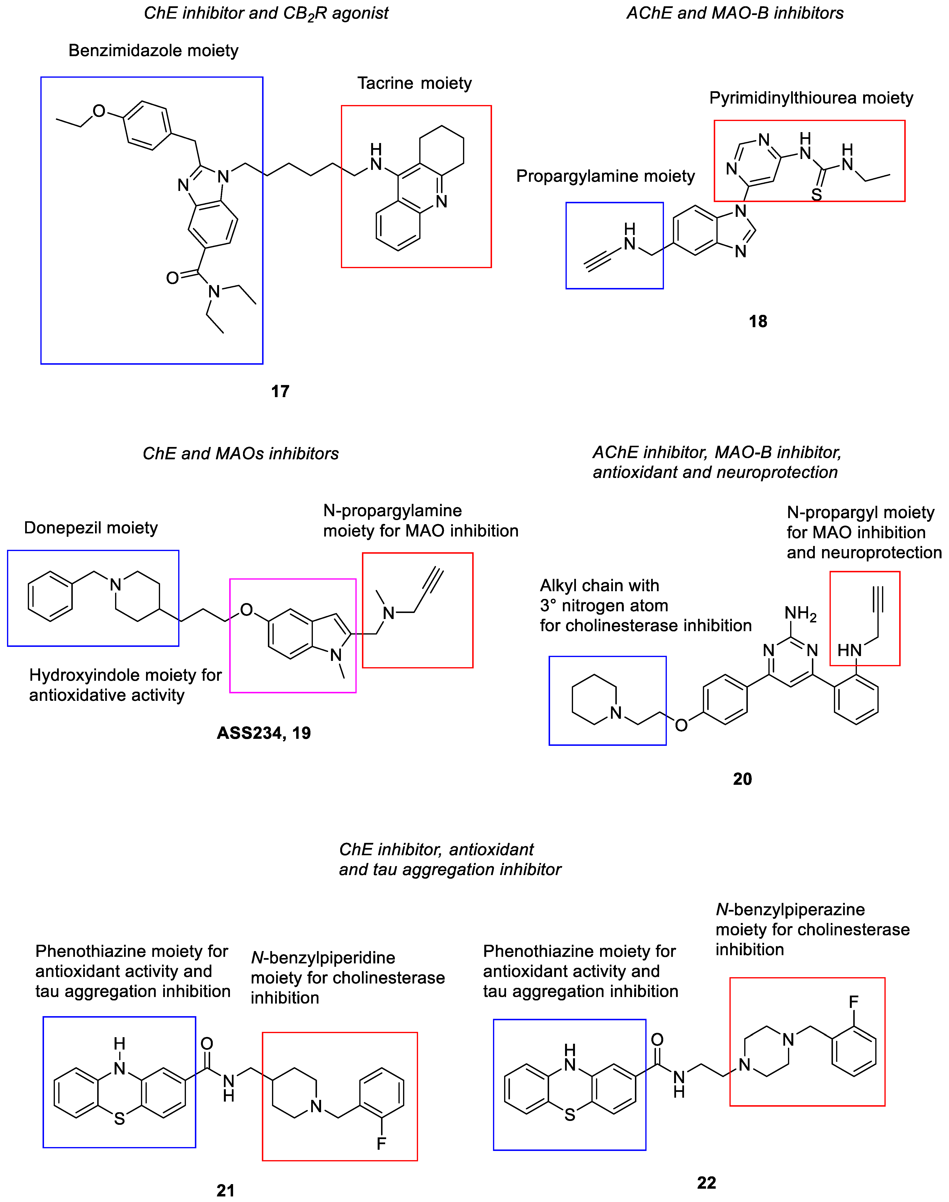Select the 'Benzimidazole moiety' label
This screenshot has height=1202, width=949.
[153, 51]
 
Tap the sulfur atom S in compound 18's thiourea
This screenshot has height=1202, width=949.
[816, 195]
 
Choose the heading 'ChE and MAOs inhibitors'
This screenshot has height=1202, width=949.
[241, 454]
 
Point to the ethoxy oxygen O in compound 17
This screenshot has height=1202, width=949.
[99, 111]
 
